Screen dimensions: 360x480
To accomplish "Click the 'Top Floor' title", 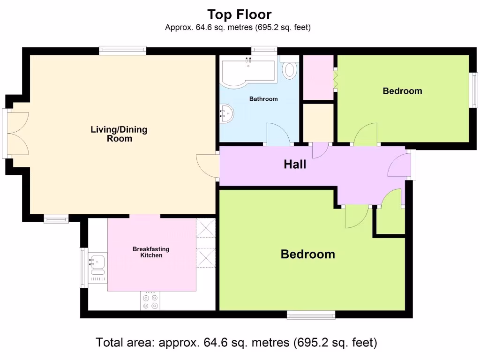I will [x=239, y=15].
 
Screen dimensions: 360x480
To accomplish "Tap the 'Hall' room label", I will [x=295, y=164].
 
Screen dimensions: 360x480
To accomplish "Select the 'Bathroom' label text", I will [x=263, y=99].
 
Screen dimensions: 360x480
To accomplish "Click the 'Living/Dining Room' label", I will [x=119, y=134].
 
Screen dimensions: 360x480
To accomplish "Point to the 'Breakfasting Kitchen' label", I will [x=151, y=252].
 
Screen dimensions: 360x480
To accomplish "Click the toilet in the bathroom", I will [x=290, y=70].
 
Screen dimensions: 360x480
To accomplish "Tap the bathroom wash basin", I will [x=228, y=113].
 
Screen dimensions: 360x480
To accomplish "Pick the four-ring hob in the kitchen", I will [x=150, y=301].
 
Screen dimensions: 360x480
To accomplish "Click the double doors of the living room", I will [x=17, y=134].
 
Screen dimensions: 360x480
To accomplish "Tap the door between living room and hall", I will [x=208, y=166].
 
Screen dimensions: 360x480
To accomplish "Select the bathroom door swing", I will [x=277, y=134].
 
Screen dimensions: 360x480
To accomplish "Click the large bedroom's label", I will [x=307, y=255].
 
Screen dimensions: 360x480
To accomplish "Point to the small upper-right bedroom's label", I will [x=402, y=91].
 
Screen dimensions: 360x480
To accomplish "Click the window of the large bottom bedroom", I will [x=311, y=315].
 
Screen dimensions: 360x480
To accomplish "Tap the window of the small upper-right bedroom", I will [x=474, y=90].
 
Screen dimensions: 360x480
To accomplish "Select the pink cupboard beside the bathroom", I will [x=318, y=77].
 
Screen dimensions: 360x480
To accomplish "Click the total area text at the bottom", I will [x=236, y=343].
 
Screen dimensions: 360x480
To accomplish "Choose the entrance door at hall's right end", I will [x=400, y=165].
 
